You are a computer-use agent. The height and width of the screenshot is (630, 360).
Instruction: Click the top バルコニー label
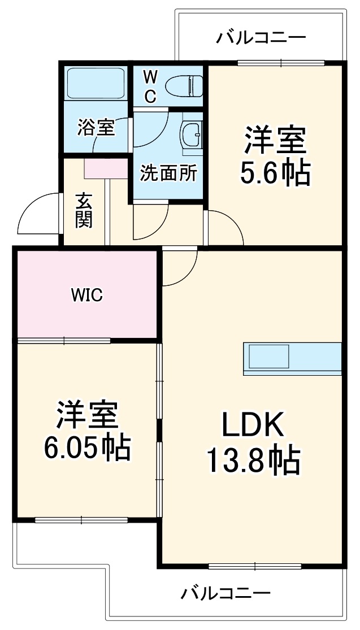(261, 38)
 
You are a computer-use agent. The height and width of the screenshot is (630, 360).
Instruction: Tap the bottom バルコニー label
(225, 593)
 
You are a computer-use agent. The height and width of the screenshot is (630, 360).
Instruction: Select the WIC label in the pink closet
(86, 294)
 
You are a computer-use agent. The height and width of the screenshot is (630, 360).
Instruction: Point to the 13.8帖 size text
(252, 460)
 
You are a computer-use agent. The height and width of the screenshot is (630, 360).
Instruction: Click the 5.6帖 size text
(275, 173)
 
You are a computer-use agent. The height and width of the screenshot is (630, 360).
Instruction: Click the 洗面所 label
(168, 173)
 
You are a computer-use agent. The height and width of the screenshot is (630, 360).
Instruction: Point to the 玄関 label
(84, 210)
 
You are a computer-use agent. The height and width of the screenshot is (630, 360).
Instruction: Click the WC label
(149, 86)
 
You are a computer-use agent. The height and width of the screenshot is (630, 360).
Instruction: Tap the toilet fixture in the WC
(185, 86)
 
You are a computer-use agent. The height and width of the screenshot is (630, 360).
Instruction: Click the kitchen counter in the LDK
(292, 358)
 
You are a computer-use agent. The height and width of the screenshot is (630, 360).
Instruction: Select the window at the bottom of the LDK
(254, 566)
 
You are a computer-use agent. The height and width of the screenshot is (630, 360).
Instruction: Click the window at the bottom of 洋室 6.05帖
(81, 520)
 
